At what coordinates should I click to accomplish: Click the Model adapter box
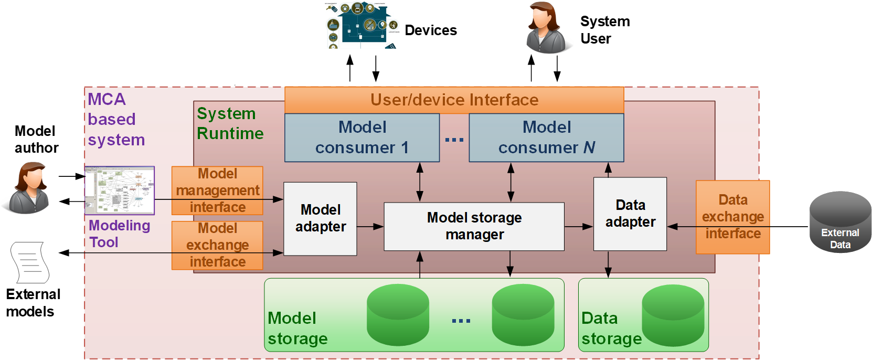point(320,218)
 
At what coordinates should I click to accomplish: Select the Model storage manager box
point(474,226)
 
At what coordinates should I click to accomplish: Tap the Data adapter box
point(630,214)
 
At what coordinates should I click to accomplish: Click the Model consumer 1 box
point(361,137)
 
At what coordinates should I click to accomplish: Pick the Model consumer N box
point(546,137)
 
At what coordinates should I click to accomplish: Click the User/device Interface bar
point(454,100)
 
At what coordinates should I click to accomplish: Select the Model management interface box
point(217,190)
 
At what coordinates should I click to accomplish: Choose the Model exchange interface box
point(217,245)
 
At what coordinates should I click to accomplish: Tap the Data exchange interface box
point(732,217)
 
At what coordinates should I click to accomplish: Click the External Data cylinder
point(840,223)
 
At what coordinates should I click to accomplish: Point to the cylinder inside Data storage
point(673,315)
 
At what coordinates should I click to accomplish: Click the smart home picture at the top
point(362,25)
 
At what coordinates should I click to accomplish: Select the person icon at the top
point(546,27)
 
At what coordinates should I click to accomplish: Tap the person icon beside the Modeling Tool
point(29,187)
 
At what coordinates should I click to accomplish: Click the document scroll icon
point(30,262)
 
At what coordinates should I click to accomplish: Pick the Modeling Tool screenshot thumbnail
point(120,190)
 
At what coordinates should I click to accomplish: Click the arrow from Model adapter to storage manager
point(370,227)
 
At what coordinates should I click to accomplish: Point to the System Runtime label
point(230,124)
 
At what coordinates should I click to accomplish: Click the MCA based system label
point(115,120)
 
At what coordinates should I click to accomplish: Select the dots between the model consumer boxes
point(454,140)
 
